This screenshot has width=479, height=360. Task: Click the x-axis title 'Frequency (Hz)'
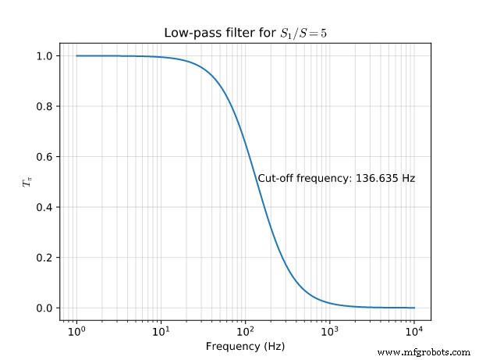[245, 346]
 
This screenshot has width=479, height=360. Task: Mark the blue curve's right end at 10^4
[414, 308]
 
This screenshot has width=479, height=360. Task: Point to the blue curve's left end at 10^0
[76, 55]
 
